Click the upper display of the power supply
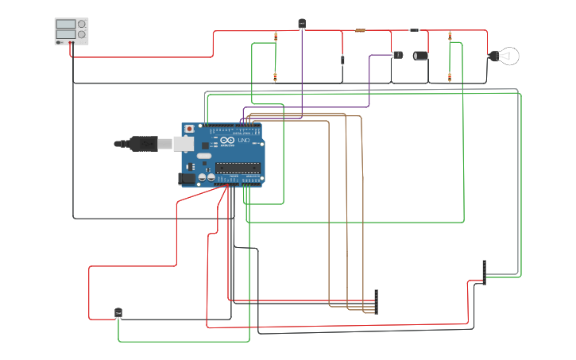pyautogui.click(x=66, y=25)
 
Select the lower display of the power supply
pyautogui.click(x=66, y=35)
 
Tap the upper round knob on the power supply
pyautogui.click(x=81, y=25)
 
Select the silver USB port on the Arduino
pyautogui.click(x=184, y=144)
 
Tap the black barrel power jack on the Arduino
pyautogui.click(x=187, y=179)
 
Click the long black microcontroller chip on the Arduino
pyautogui.click(x=238, y=167)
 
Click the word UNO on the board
pyautogui.click(x=244, y=141)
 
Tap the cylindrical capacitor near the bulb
pyautogui.click(x=420, y=56)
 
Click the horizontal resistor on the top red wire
pyautogui.click(x=360, y=31)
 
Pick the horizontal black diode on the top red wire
pyautogui.click(x=414, y=30)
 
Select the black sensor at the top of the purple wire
pyautogui.click(x=302, y=24)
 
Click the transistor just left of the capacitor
pyautogui.click(x=398, y=55)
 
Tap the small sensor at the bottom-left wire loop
pyautogui.click(x=118, y=313)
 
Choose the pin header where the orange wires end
pyautogui.click(x=377, y=302)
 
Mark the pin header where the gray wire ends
pyautogui.click(x=484, y=272)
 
